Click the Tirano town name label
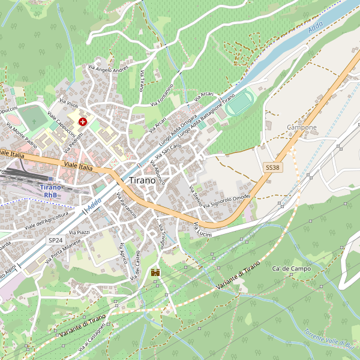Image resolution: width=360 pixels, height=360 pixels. point(142,181)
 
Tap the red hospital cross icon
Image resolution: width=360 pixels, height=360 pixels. point(82,121)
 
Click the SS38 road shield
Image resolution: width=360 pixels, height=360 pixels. point(272,168)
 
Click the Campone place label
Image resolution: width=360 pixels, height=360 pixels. point(301,128)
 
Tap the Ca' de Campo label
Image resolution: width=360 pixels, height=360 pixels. point(291,268)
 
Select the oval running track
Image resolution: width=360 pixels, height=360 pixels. point(240,103)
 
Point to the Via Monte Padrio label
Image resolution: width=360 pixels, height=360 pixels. point(22,135)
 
